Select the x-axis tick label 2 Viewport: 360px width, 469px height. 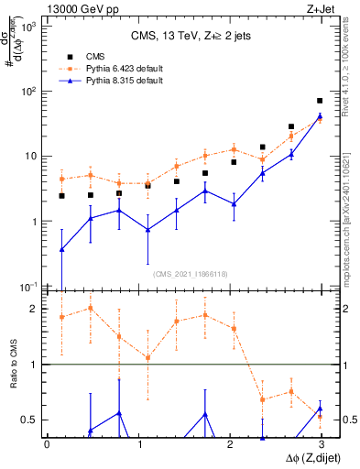point(229,443)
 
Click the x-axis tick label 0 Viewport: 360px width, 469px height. point(47,443)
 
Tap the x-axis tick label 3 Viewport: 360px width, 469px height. point(321,443)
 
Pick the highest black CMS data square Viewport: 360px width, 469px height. point(320,101)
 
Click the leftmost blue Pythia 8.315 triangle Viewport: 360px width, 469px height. point(61,249)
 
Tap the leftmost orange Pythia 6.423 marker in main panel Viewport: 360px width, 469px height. point(61,179)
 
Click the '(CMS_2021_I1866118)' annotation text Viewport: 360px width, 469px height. point(190,274)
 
